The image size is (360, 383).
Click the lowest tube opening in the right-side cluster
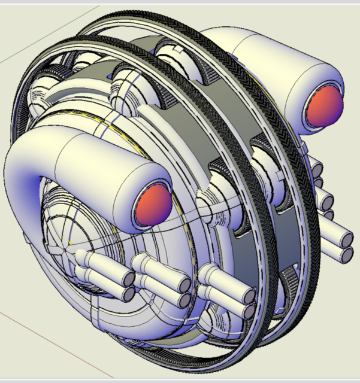click(346, 254)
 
